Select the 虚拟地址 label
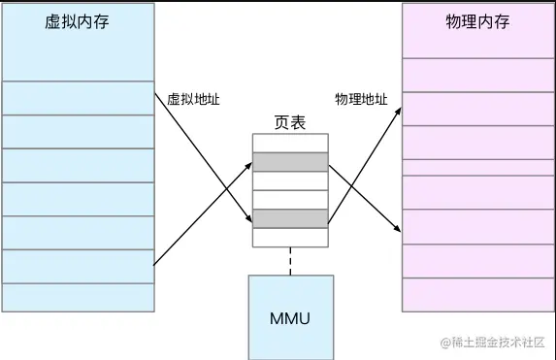point(188,99)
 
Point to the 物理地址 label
point(361,99)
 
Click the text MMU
point(290,319)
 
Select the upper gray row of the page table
point(290,162)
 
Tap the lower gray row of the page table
point(290,218)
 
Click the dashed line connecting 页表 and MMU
point(290,260)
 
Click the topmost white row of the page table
point(290,144)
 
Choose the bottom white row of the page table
point(290,237)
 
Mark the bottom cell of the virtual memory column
point(78,297)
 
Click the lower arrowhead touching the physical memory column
point(398,229)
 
